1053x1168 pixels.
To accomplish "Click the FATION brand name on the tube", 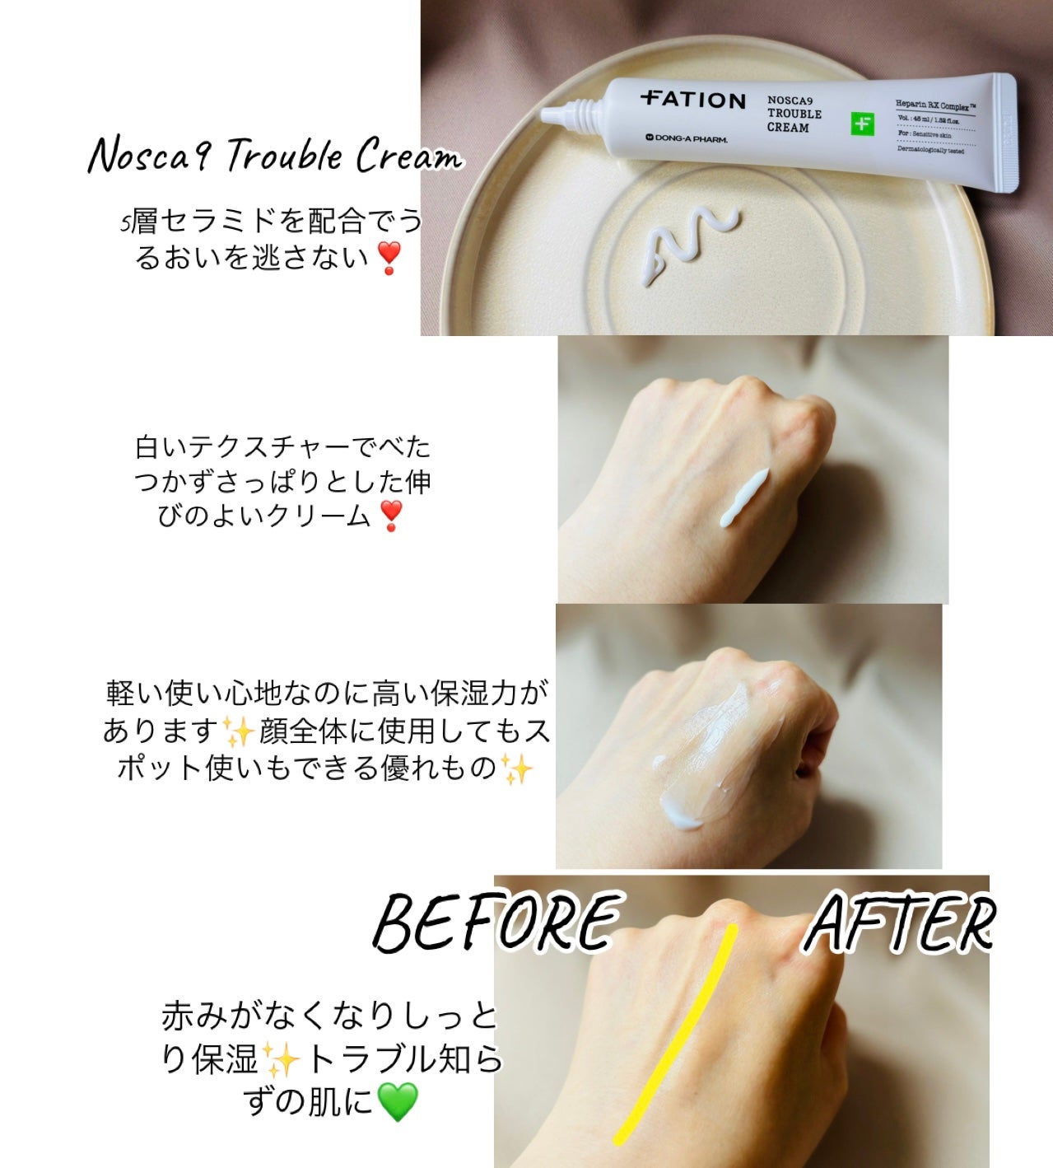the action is [692, 100].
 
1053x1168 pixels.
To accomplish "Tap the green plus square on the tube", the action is [863, 123].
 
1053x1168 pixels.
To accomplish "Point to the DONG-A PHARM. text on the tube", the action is [687, 138].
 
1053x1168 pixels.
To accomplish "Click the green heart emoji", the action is [398, 1100].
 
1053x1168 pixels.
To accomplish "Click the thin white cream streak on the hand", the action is [744, 498].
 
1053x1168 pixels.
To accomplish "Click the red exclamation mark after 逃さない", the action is [389, 258].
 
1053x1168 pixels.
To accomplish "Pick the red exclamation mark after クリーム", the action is [390, 516].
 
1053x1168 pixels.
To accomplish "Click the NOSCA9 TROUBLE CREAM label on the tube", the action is [794, 114].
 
